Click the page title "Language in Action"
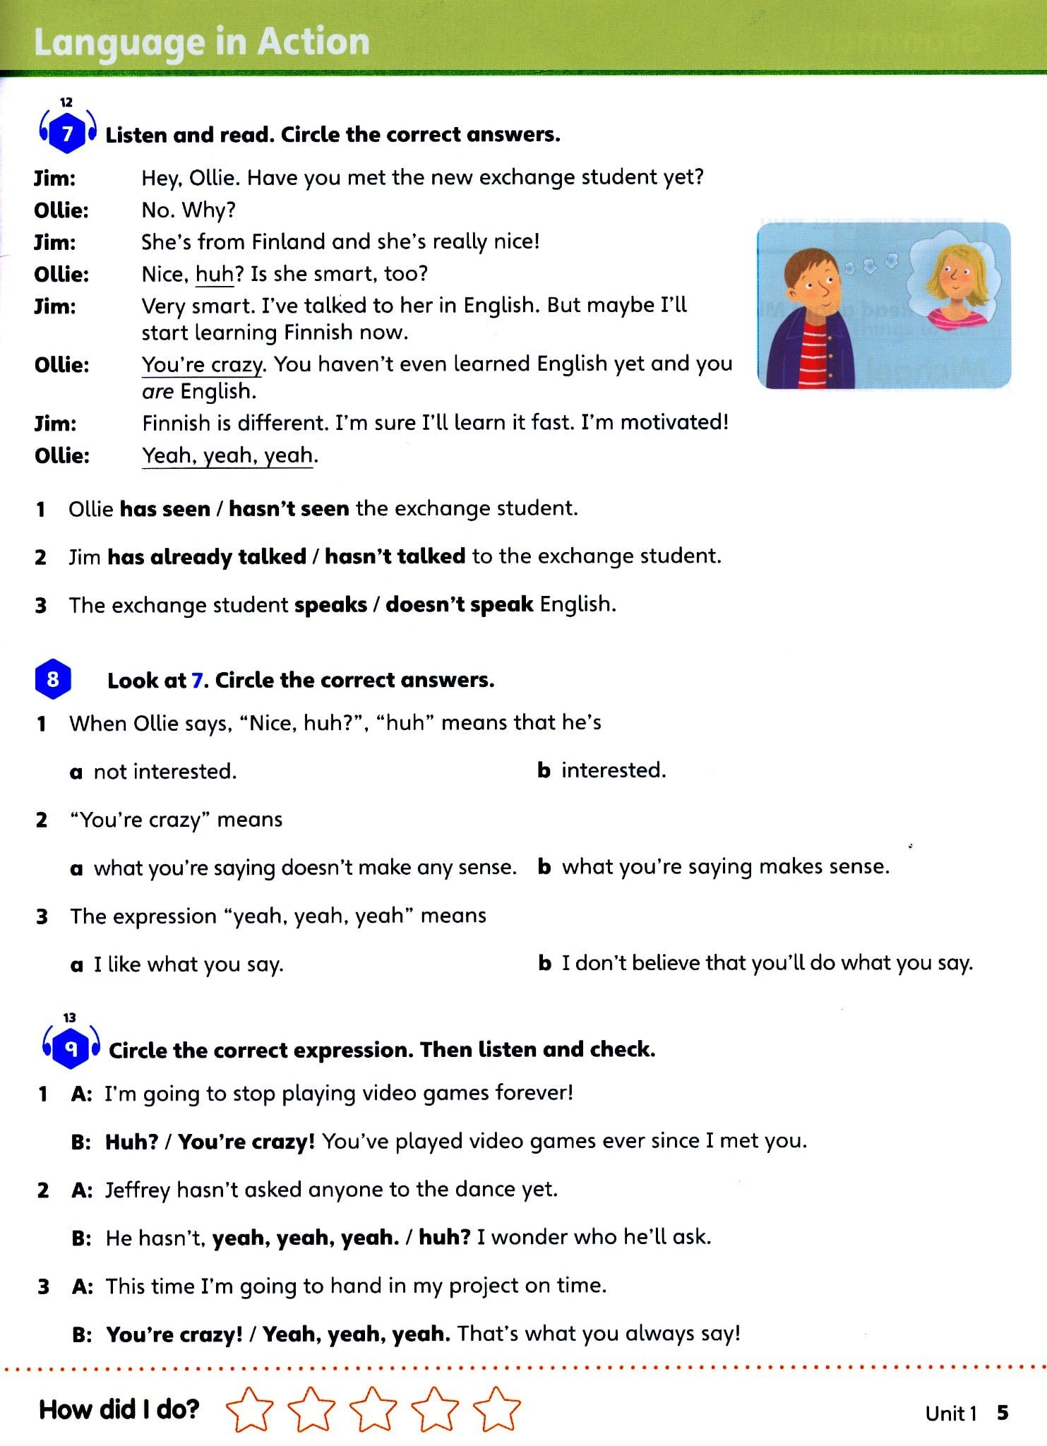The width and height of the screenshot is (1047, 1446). tap(201, 42)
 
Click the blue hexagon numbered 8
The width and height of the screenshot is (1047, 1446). tap(53, 679)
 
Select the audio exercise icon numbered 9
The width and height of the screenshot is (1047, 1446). tap(71, 1049)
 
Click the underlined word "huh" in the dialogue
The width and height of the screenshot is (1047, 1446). tap(214, 274)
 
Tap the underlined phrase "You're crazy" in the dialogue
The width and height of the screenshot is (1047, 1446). tap(203, 364)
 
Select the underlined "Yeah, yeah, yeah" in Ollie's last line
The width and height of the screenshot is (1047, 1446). tap(227, 455)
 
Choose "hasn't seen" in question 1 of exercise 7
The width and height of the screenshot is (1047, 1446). tap(288, 508)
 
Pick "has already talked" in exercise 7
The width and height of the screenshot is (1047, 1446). tap(206, 556)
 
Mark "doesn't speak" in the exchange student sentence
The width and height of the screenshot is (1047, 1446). tap(459, 604)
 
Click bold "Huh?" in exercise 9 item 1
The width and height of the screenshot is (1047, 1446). tap(131, 1142)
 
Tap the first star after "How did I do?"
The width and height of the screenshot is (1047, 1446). tap(249, 1409)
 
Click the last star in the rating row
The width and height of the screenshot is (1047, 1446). tap(497, 1409)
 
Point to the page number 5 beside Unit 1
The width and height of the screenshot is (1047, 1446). tap(1003, 1413)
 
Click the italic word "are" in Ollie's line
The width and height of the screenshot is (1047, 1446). tap(157, 391)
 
